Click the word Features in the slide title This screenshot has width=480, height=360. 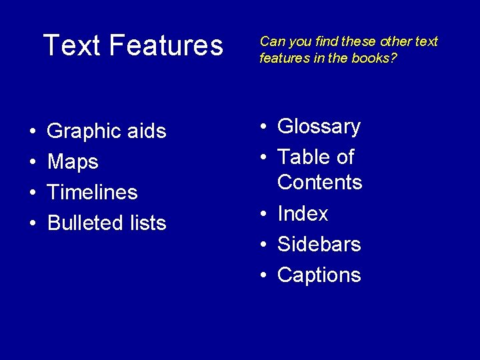[166, 45]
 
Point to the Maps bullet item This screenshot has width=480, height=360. [73, 162]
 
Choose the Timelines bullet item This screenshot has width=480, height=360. [92, 192]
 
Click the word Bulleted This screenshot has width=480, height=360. [85, 223]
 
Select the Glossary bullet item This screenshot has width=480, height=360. [319, 127]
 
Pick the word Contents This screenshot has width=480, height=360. [319, 182]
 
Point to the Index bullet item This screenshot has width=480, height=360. [303, 213]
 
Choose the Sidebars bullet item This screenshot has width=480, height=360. [319, 244]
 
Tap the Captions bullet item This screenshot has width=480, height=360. [319, 275]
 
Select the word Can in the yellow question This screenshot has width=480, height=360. [270, 41]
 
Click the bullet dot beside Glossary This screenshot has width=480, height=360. [265, 127]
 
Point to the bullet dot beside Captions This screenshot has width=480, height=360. [265, 275]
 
